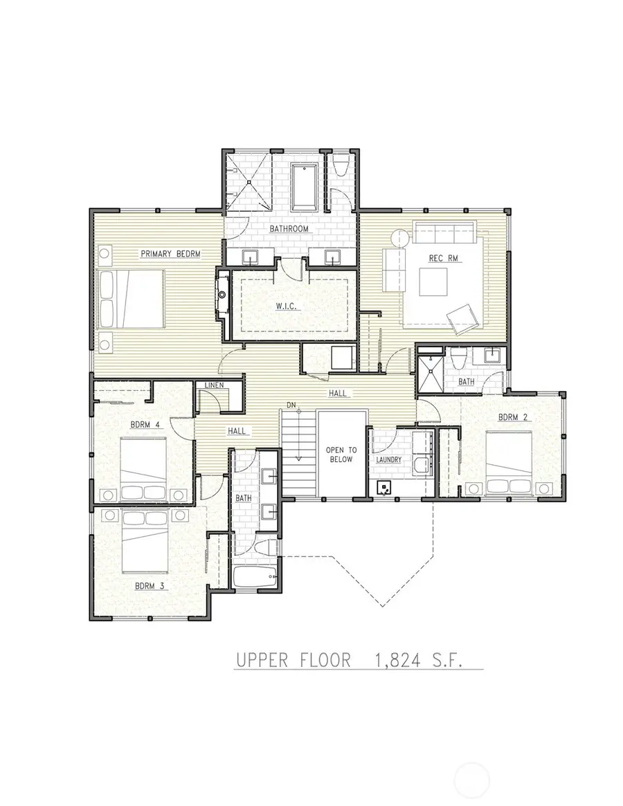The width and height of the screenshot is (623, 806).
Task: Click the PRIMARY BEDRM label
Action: [x=170, y=254]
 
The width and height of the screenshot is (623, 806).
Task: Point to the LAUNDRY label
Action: [x=389, y=459]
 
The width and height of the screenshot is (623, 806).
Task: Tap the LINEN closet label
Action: [x=213, y=385]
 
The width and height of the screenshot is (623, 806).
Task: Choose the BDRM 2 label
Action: [x=513, y=417]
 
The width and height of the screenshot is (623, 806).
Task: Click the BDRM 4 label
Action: [x=146, y=425]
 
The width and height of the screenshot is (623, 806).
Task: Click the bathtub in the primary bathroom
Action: [x=304, y=186]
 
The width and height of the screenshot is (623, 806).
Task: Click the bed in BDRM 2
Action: [x=509, y=463]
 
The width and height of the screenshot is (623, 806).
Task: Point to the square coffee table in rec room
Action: [x=434, y=282]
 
